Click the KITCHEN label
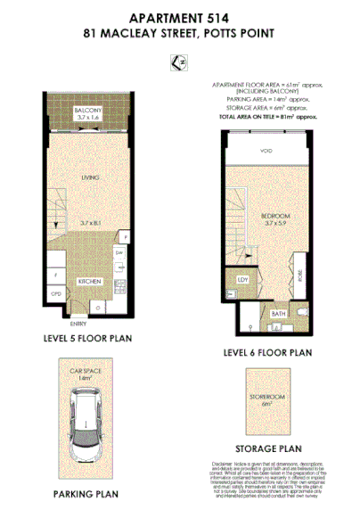pyautogui.click(x=90, y=280)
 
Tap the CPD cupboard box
pyautogui.click(x=55, y=293)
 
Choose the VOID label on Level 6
pyautogui.click(x=266, y=152)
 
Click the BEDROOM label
pyautogui.click(x=265, y=216)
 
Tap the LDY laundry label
pyautogui.click(x=241, y=279)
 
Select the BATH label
pyautogui.click(x=277, y=313)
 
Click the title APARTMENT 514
pyautogui.click(x=179, y=17)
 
